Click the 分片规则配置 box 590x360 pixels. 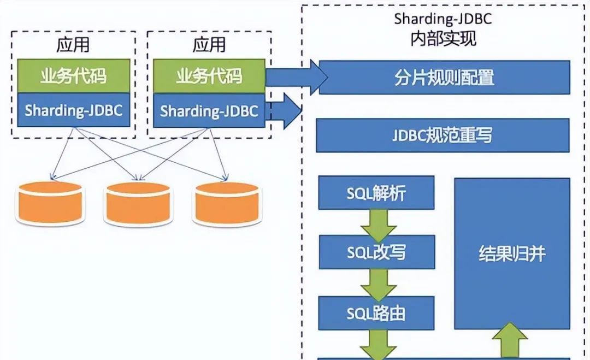pyautogui.click(x=444, y=77)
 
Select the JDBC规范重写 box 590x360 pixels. pyautogui.click(x=442, y=135)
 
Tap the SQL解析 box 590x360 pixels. pyautogui.click(x=376, y=193)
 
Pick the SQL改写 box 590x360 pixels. pyautogui.click(x=376, y=252)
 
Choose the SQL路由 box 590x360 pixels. pyautogui.click(x=376, y=313)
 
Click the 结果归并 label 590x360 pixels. pyautogui.click(x=512, y=254)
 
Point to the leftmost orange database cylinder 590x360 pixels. pyautogui.click(x=50, y=203)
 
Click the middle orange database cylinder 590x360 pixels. pyautogui.click(x=138, y=203)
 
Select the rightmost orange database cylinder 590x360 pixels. pyautogui.click(x=226, y=203)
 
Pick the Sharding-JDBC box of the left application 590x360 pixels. pyautogui.click(x=73, y=111)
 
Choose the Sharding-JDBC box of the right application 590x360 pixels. pyautogui.click(x=209, y=111)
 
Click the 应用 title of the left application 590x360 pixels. pyautogui.click(x=73, y=44)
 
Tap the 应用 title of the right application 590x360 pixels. pyautogui.click(x=209, y=44)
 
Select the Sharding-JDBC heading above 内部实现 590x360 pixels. pyautogui.click(x=443, y=19)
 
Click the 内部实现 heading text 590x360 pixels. pyautogui.click(x=443, y=39)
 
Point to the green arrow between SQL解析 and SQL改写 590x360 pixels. pyautogui.click(x=378, y=223)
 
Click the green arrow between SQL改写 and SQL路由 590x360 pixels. pyautogui.click(x=378, y=284)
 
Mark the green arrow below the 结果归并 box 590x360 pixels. pyautogui.click(x=512, y=342)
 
